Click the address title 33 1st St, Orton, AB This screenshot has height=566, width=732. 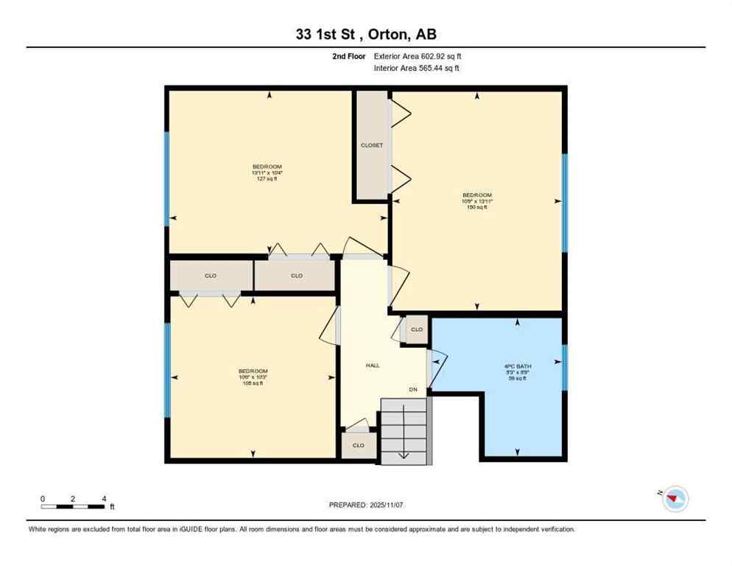pyautogui.click(x=365, y=35)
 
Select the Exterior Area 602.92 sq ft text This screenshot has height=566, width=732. pyautogui.click(x=418, y=56)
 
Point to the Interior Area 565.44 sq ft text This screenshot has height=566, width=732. pyautogui.click(x=418, y=69)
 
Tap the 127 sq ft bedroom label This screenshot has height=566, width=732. pyautogui.click(x=267, y=172)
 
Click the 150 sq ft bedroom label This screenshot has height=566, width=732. pyautogui.click(x=476, y=201)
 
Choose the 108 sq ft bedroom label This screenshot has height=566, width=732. pyautogui.click(x=253, y=377)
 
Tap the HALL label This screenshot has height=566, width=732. pyautogui.click(x=373, y=366)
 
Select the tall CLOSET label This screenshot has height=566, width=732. pyautogui.click(x=372, y=145)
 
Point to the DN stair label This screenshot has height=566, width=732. pyautogui.click(x=414, y=390)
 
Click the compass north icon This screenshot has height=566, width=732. pyautogui.click(x=675, y=500)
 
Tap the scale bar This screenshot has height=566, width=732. pyautogui.click(x=73, y=506)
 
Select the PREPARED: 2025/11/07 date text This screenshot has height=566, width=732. pyautogui.click(x=366, y=505)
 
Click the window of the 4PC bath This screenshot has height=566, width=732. pyautogui.click(x=564, y=366)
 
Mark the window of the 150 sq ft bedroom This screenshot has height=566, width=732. pyautogui.click(x=564, y=203)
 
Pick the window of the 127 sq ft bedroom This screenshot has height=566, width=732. pyautogui.click(x=167, y=175)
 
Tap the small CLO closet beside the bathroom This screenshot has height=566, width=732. pyautogui.click(x=417, y=329)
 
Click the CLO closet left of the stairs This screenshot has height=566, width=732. pyautogui.click(x=359, y=445)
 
